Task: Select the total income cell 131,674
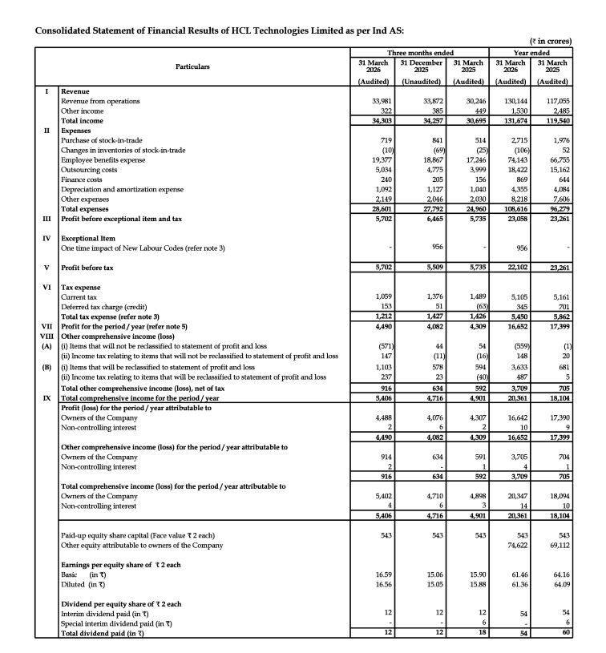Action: point(516,120)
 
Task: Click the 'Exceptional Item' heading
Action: point(91,238)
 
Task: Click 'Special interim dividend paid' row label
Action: point(116,623)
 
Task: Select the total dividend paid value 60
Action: point(567,633)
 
